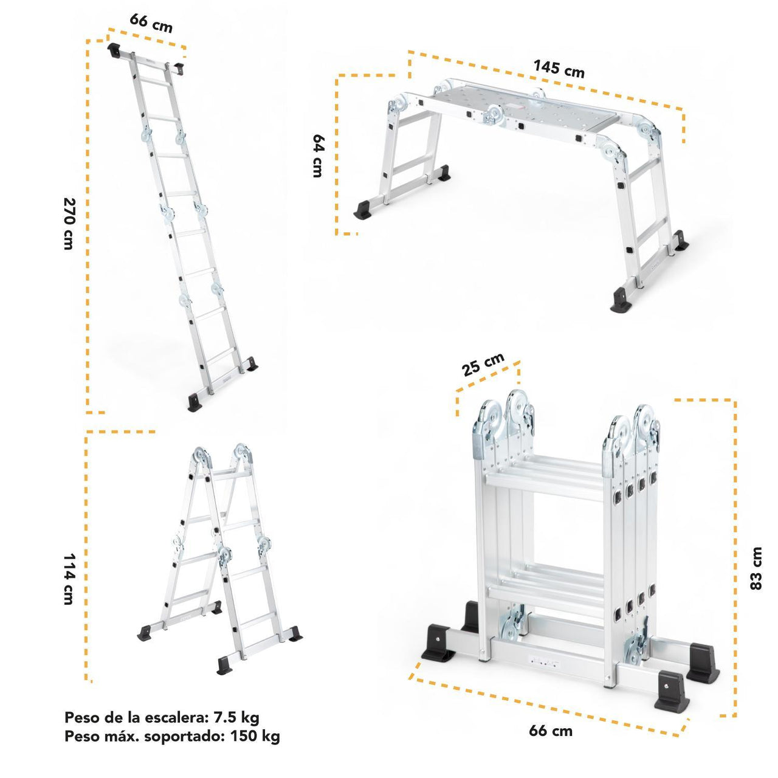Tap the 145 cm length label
[x=559, y=69]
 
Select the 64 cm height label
[x=318, y=156]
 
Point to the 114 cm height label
[x=69, y=579]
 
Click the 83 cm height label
[x=756, y=568]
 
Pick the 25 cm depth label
[x=483, y=364]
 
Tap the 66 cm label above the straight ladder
[x=151, y=23]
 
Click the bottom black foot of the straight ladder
[x=194, y=402]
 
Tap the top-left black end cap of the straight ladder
[x=114, y=50]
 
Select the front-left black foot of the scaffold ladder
[x=363, y=210]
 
